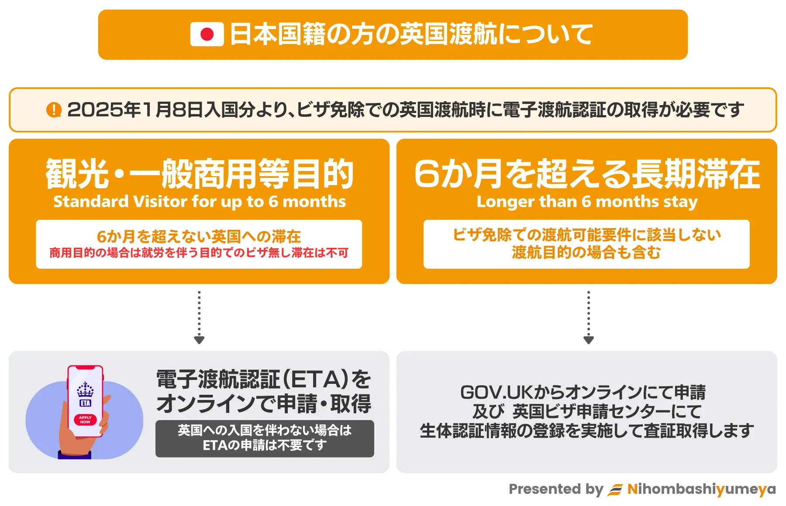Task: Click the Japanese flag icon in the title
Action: (x=207, y=34)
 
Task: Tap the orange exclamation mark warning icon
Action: (x=54, y=109)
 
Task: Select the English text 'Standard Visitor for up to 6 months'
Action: (x=200, y=202)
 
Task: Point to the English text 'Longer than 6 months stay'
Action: (x=587, y=202)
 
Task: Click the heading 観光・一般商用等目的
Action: (x=200, y=173)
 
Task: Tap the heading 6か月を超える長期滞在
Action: (x=587, y=173)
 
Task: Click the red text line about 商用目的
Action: (x=199, y=253)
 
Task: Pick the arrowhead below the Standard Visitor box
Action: (x=199, y=340)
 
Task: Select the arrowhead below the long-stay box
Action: (x=589, y=340)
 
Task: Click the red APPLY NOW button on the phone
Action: (x=85, y=420)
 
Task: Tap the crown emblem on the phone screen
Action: (x=85, y=389)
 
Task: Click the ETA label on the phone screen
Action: (x=85, y=403)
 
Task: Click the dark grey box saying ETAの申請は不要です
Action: (x=265, y=438)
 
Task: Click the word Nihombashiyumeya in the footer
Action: (x=701, y=489)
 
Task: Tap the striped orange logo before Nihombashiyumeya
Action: (x=615, y=490)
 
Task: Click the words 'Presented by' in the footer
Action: (x=556, y=489)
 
